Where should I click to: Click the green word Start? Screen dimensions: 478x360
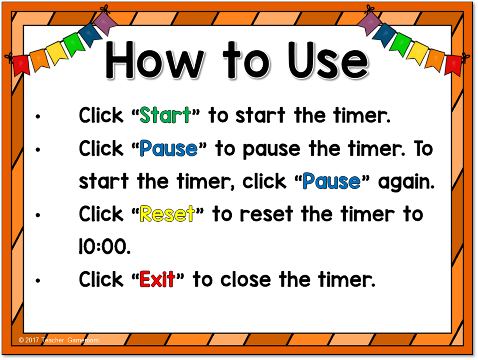pos(165,115)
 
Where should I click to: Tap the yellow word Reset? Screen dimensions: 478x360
pos(167,214)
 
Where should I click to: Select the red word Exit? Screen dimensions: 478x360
pos(157,279)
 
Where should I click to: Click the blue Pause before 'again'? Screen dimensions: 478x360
pos(332,181)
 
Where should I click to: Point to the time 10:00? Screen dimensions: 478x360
pos(105,247)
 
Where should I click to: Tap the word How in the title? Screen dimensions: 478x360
pos(155,60)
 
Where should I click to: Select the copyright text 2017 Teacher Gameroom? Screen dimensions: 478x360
pos(59,340)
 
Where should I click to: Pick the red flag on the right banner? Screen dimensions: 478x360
pos(453,65)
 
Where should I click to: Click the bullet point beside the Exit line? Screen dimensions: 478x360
pos(38,281)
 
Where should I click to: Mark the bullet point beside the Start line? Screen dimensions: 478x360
pos(38,117)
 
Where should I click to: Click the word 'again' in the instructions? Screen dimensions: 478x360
pos(406,182)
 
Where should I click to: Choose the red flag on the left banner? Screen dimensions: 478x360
pos(21,65)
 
